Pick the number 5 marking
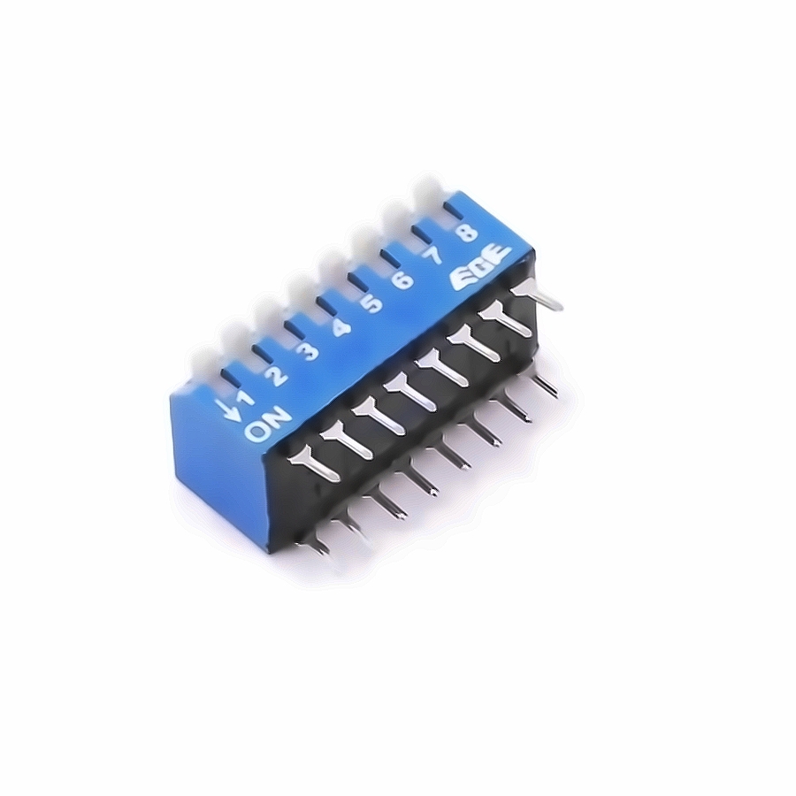coord(372,303)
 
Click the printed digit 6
coord(403,279)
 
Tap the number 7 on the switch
coord(435,256)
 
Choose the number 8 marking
coord(466,233)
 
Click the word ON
coord(268,425)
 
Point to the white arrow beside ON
coord(233,409)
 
